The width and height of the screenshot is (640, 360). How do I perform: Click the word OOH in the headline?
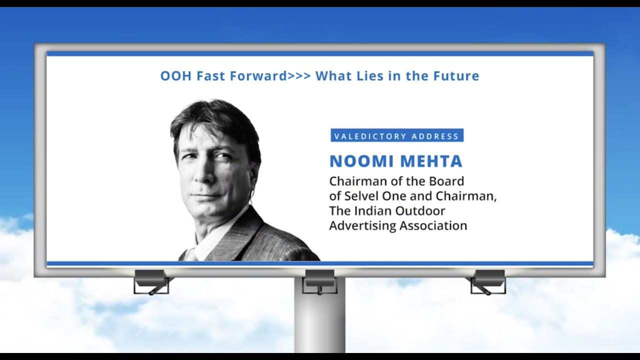172,76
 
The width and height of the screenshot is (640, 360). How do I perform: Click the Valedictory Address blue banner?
396,135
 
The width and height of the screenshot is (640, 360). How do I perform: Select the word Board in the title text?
447,181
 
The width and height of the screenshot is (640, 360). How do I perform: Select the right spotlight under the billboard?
488,279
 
